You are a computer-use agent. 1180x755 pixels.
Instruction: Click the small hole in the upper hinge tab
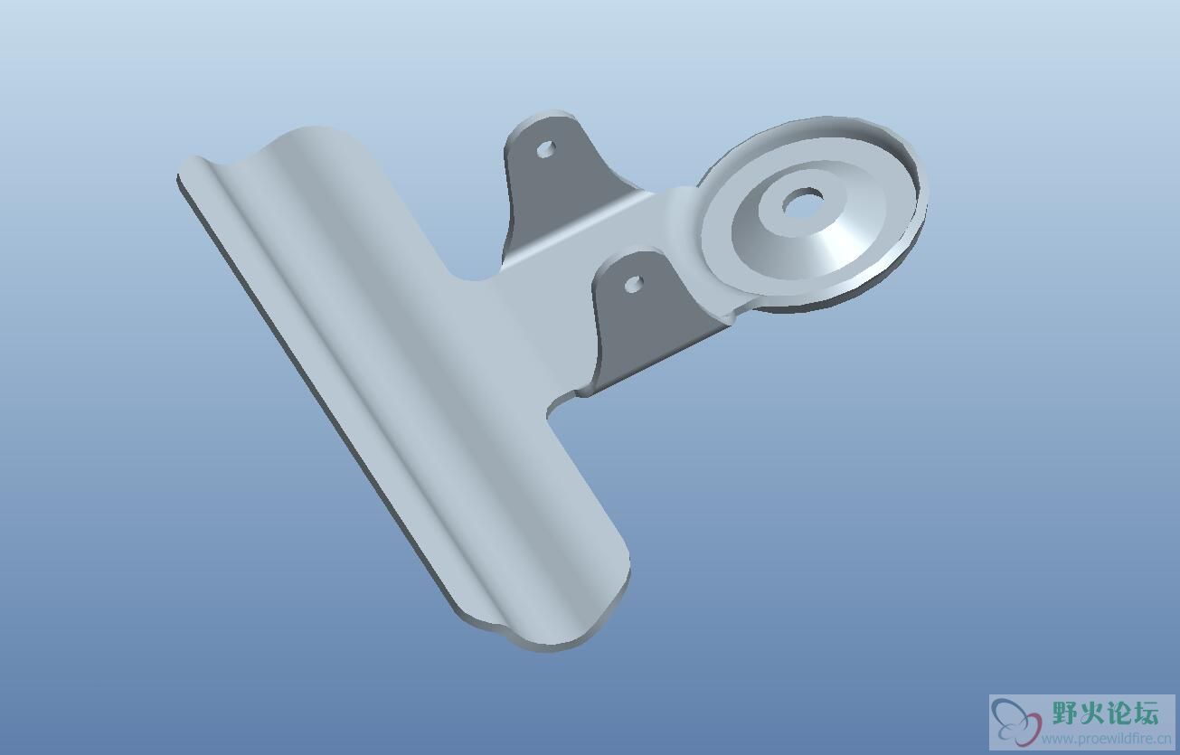(x=546, y=148)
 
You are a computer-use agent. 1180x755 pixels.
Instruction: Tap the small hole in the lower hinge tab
(x=634, y=283)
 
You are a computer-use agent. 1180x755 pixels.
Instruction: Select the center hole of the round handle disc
(x=803, y=200)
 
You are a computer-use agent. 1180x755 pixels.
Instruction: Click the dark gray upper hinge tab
(x=559, y=174)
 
